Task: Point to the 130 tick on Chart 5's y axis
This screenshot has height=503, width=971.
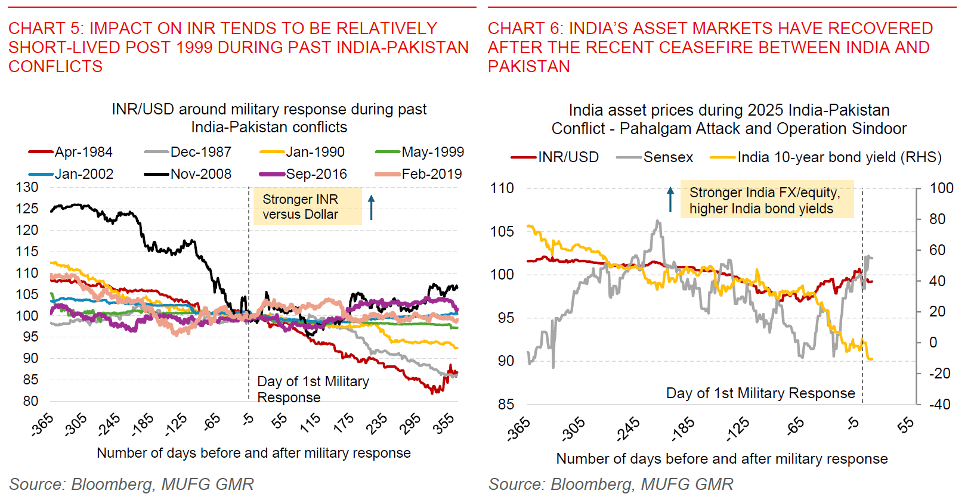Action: coord(27,187)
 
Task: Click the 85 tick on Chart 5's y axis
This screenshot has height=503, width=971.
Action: coord(30,380)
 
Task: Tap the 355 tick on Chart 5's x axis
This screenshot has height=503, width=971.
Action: coord(444,423)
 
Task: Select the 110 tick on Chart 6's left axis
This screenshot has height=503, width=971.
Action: coord(502,188)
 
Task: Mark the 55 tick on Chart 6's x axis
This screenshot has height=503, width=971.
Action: coord(905,424)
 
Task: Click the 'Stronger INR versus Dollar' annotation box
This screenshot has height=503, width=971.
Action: coord(307,206)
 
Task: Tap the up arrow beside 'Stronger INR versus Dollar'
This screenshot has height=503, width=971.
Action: coord(371,207)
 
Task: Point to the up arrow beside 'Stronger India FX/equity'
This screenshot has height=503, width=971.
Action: coord(670,199)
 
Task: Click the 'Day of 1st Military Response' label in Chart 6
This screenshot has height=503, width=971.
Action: coord(760,393)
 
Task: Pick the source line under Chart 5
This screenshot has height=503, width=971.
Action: coord(131,484)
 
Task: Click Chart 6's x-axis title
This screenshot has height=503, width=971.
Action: coord(722,459)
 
